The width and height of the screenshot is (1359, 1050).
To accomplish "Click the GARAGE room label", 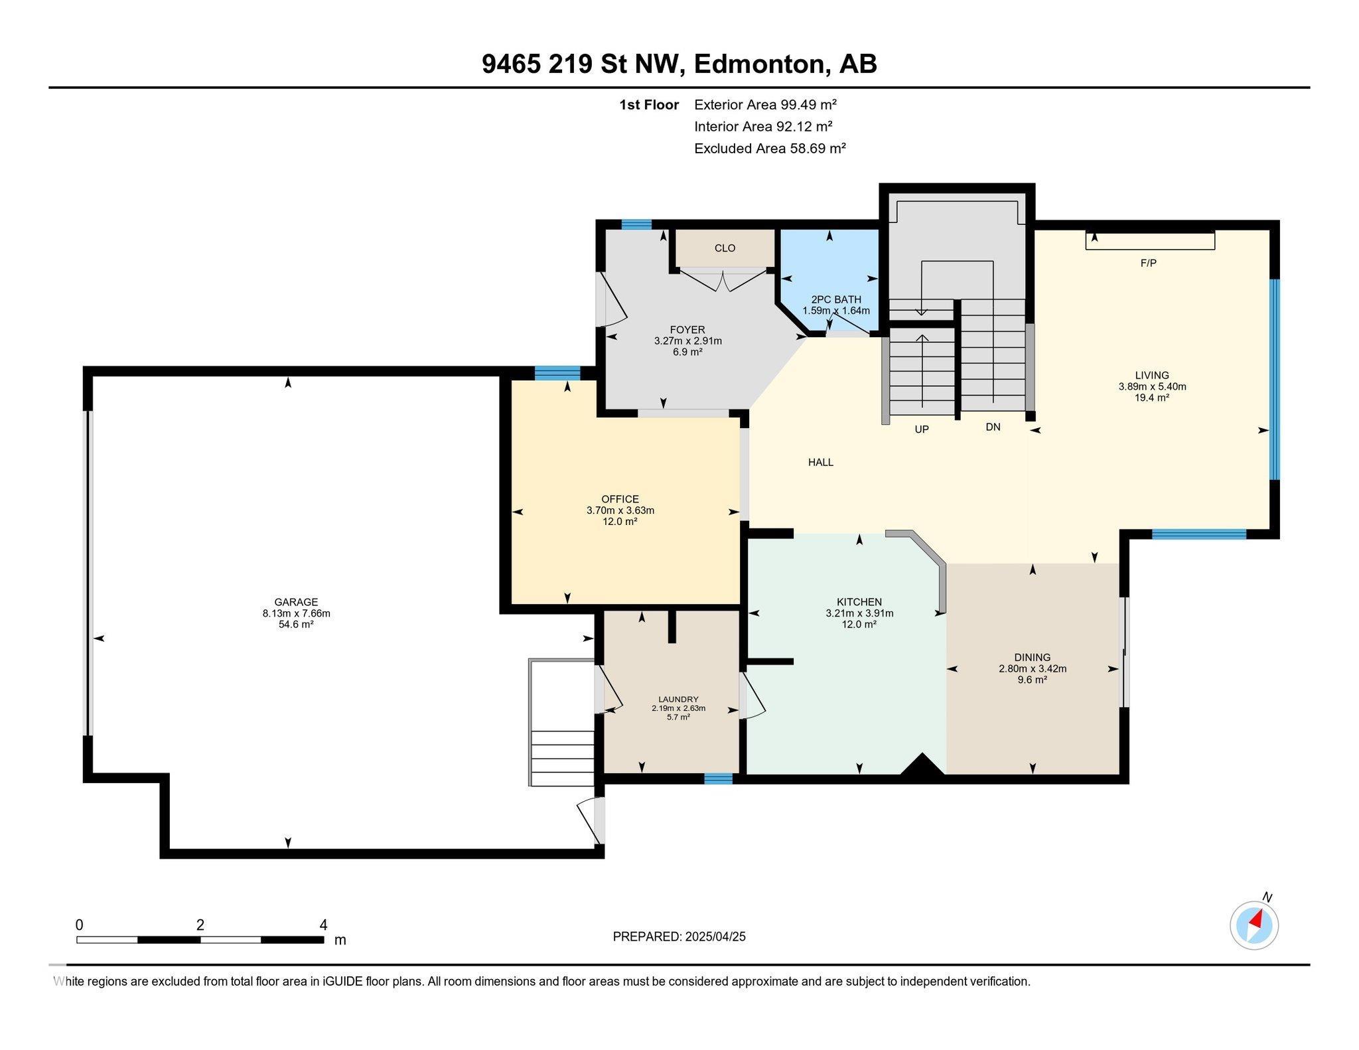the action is coord(296,603).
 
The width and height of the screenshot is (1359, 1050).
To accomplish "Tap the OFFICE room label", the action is coord(620,499).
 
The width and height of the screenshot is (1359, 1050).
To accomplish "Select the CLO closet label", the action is coord(725,248).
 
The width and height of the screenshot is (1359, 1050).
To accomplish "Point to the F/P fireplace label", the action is coord(1148,263).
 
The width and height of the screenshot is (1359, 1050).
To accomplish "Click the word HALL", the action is coord(820,463).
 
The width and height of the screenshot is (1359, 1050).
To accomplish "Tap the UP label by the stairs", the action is coord(922,429).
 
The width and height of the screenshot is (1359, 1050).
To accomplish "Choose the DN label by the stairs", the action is coord(993,427).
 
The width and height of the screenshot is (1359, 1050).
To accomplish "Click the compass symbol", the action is coord(1253,925).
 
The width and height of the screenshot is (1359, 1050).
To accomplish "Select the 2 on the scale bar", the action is coord(200,925).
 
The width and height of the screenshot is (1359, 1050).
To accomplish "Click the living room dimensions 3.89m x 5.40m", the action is coord(1152,386).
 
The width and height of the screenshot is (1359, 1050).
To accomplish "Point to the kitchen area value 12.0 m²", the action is coord(859,624).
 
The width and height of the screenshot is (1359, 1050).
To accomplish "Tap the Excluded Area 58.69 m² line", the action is coord(770,148).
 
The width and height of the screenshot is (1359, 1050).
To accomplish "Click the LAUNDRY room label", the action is coord(678,699).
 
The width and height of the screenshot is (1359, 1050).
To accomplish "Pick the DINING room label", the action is coord(1032,658).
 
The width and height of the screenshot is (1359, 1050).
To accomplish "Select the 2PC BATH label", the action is coord(836,299).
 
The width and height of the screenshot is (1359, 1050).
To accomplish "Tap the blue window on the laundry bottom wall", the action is coord(718,779).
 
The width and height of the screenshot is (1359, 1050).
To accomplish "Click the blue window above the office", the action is coord(557,373).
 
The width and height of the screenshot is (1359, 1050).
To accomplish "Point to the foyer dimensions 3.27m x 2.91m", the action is coord(687,341).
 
